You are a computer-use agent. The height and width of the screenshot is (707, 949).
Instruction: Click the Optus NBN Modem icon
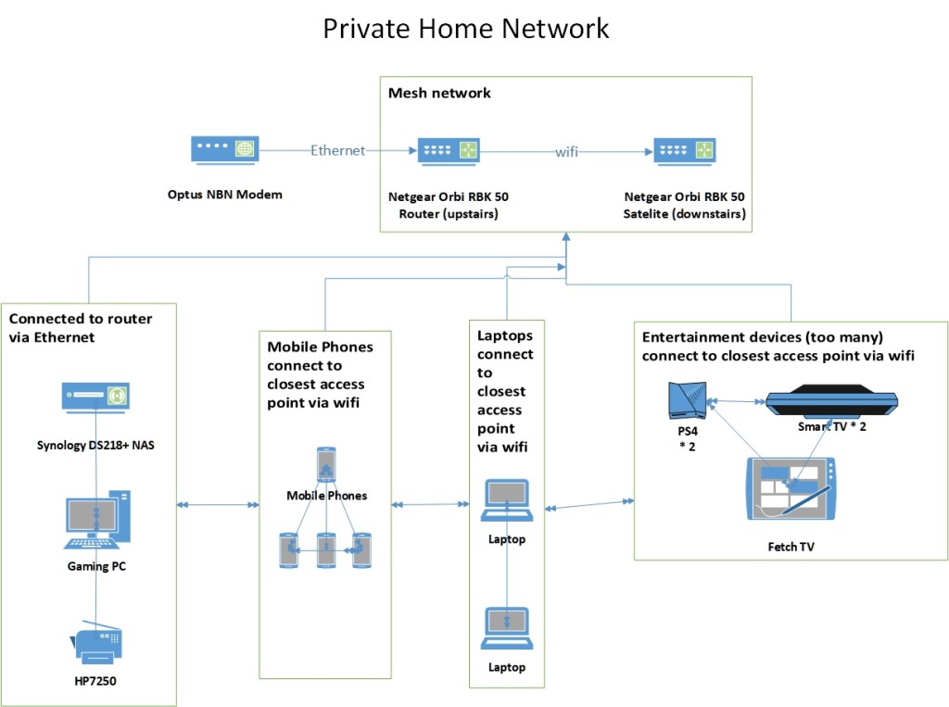click(224, 151)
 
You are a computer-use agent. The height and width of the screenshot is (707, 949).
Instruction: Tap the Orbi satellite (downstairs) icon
click(685, 150)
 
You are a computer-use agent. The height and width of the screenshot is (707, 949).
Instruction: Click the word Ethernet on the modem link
click(338, 151)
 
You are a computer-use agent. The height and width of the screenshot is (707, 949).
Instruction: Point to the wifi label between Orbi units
click(566, 151)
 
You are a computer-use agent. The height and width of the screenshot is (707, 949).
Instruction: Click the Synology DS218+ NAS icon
click(95, 396)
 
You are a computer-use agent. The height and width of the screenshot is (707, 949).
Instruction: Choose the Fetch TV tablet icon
click(790, 488)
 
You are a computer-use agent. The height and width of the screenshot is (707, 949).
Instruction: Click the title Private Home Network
click(466, 28)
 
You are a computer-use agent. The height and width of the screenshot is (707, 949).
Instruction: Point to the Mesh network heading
click(439, 93)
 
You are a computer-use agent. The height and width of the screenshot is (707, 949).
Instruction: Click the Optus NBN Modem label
click(224, 195)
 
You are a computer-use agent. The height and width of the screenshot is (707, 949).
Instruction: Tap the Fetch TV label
click(791, 548)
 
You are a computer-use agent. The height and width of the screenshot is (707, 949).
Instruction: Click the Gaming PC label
click(96, 566)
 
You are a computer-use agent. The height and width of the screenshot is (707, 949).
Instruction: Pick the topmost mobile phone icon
click(326, 464)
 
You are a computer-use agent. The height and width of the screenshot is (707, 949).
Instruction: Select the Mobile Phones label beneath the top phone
click(326, 496)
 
